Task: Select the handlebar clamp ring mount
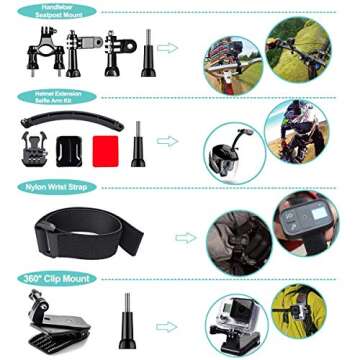coord(43,56)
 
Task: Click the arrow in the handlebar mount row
coord(168,47)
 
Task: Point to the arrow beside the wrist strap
coord(186,237)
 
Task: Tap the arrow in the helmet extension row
coord(168,141)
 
